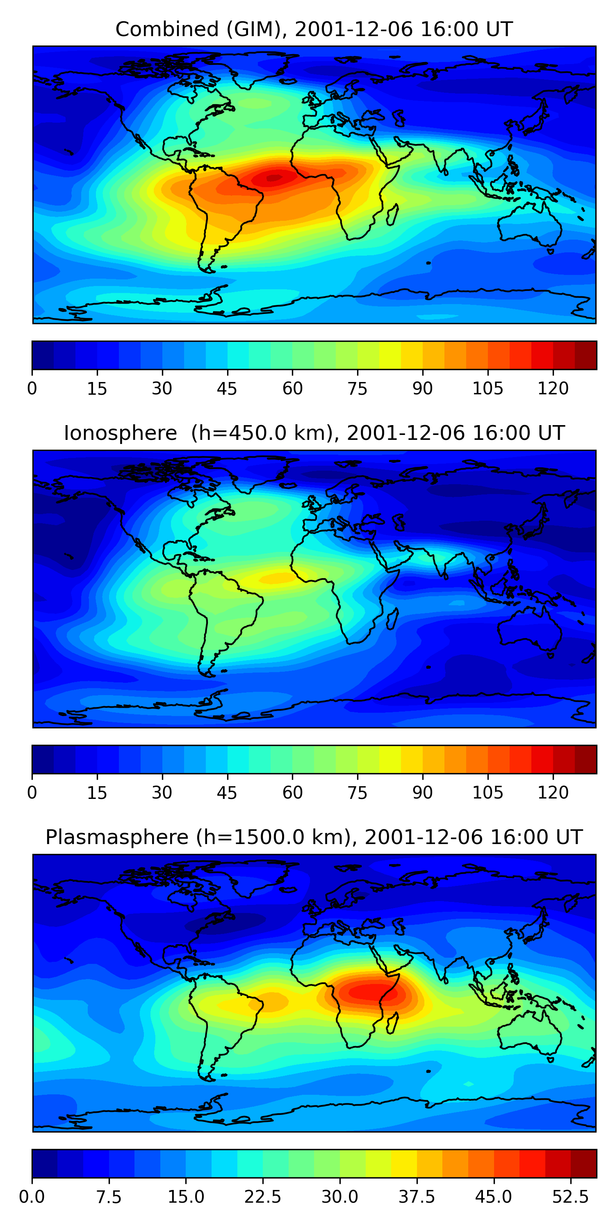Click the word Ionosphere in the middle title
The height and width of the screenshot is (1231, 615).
pos(120,433)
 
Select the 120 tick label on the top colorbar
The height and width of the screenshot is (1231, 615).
pos(553,389)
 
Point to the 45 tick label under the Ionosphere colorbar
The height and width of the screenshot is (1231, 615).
pos(227,793)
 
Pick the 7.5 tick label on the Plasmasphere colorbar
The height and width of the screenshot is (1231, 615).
pos(109,1197)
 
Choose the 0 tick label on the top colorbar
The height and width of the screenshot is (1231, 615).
pos(32,389)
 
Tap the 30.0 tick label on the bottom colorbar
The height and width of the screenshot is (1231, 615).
pos(339,1197)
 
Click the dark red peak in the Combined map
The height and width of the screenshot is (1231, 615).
pos(274,178)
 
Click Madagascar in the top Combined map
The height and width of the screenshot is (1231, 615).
pos(392,215)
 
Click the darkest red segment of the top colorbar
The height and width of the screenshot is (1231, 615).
pos(585,355)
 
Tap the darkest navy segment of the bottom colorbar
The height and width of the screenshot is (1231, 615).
pos(44,1164)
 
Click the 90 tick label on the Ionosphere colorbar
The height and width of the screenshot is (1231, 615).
pos(423,793)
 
